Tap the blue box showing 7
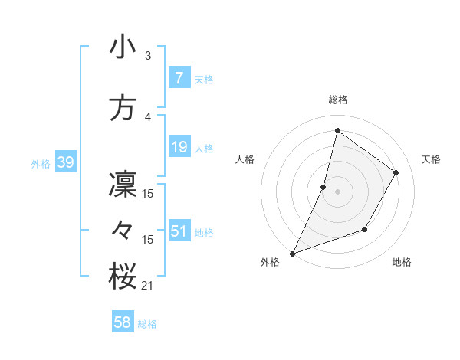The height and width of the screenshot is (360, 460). point(179,77)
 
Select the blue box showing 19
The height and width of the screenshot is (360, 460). point(179,147)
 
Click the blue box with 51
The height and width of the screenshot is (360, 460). point(179,231)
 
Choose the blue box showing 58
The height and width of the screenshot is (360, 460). point(123,322)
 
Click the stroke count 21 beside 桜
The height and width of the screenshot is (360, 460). point(147,286)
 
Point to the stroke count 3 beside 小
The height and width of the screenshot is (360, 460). point(147,56)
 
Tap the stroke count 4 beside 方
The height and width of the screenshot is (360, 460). point(147,117)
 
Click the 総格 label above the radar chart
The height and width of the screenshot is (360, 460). point(337,100)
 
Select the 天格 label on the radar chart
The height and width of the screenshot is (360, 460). point(431,159)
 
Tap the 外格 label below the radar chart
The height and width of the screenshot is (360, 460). point(270,262)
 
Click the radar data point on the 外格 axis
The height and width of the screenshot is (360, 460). point(292,253)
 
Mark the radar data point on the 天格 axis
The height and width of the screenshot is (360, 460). point(396,172)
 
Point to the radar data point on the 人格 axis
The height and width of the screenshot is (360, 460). point(324,187)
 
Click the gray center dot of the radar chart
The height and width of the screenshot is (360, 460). point(337,191)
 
